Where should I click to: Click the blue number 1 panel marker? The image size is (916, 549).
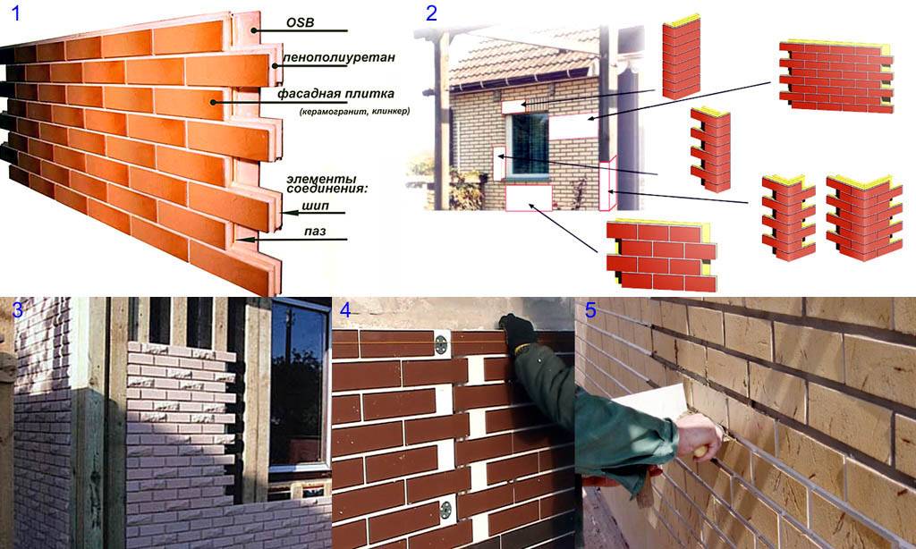(16, 13)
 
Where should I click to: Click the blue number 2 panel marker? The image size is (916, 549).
(432, 13)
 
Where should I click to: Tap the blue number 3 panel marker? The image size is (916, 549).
(18, 309)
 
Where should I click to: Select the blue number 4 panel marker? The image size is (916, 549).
(346, 310)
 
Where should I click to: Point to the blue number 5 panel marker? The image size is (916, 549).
(590, 310)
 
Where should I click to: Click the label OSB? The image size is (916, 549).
(300, 22)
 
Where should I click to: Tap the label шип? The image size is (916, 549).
(316, 206)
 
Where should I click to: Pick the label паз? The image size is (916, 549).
(315, 232)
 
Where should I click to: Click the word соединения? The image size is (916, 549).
(322, 190)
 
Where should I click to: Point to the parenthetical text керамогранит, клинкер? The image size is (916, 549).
(354, 111)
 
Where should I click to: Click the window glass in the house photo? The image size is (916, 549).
(530, 144)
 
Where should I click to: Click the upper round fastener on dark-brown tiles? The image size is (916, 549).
(442, 344)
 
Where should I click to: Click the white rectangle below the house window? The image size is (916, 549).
(529, 198)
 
